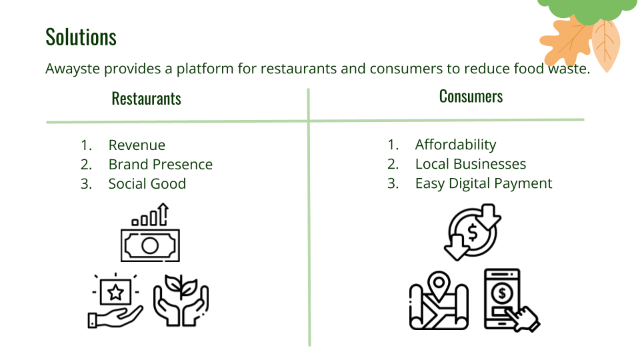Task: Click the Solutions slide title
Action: (x=81, y=37)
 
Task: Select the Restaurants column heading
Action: (x=146, y=99)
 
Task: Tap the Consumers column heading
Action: (x=471, y=96)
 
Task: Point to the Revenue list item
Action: (x=137, y=145)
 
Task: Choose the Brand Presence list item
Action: (x=160, y=165)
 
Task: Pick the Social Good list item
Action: (x=147, y=184)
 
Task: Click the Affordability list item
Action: (x=455, y=145)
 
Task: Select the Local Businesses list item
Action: (x=470, y=164)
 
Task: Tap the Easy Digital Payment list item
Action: (x=483, y=183)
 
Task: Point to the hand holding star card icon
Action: (x=115, y=301)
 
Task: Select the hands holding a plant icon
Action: (x=181, y=301)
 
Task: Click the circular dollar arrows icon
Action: (x=473, y=232)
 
